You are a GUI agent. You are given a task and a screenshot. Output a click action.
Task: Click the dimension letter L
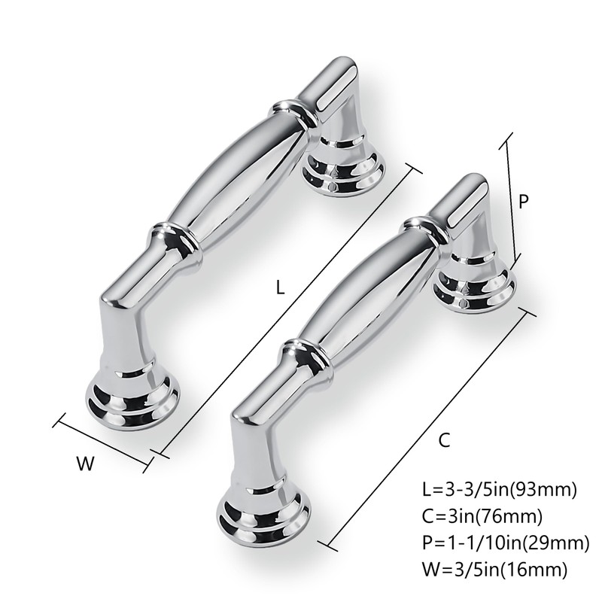click(x=280, y=287)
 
